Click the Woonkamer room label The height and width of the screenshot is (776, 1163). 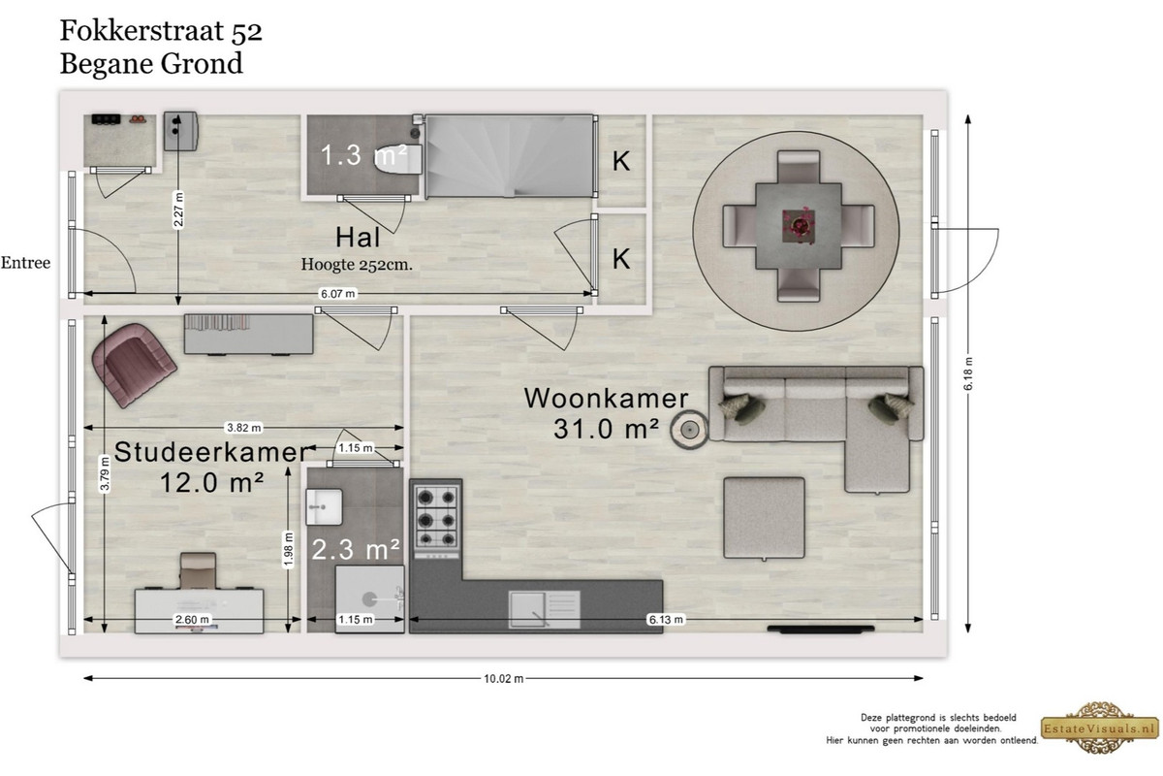click(x=606, y=398)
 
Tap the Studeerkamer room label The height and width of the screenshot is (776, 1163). click(x=211, y=452)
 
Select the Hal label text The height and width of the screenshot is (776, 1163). click(x=358, y=237)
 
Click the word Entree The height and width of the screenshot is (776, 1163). click(x=25, y=263)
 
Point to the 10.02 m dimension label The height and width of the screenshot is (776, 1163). click(x=504, y=678)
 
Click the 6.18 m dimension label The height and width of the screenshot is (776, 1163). click(x=968, y=373)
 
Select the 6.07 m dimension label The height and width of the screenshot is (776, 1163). click(x=338, y=294)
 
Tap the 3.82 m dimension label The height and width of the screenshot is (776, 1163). click(x=243, y=428)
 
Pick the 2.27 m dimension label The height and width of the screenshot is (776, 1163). click(x=178, y=210)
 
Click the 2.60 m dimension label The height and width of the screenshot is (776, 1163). click(x=192, y=620)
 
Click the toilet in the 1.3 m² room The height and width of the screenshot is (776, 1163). click(x=398, y=160)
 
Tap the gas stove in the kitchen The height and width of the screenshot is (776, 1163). click(x=437, y=517)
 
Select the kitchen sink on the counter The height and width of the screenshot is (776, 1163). click(x=544, y=608)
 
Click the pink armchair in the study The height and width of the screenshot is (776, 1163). click(x=134, y=365)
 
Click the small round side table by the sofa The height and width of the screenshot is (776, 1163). click(x=688, y=430)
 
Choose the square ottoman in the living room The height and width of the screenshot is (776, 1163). click(x=765, y=518)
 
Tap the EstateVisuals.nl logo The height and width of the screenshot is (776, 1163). click(x=1100, y=727)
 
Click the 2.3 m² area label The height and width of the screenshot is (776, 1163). click(x=357, y=549)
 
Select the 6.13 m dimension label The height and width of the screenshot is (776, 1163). click(x=666, y=620)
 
